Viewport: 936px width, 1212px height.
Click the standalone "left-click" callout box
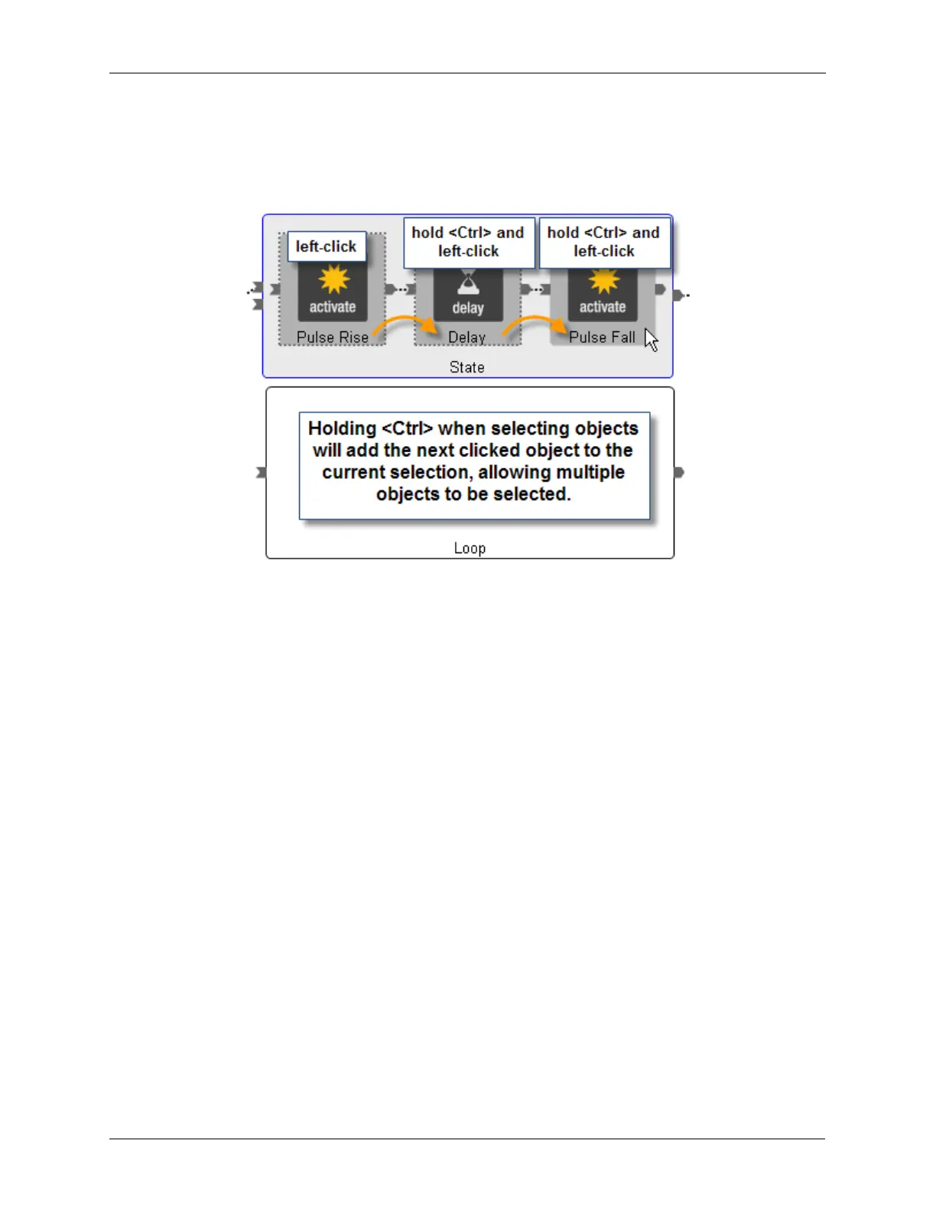(x=327, y=246)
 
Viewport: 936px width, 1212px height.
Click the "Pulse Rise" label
(x=332, y=337)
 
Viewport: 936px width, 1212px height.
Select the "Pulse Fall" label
(x=602, y=337)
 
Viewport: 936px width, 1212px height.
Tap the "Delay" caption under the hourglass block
(x=466, y=337)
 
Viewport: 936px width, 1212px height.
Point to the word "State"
(x=466, y=367)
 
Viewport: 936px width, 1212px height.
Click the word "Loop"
(x=470, y=548)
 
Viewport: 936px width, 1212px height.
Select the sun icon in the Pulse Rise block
(x=333, y=280)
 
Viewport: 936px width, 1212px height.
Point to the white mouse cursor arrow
(x=650, y=339)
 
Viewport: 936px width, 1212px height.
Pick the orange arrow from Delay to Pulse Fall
(x=535, y=324)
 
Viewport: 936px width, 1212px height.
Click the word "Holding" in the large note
(x=342, y=428)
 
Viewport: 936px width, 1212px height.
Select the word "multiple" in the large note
(x=587, y=472)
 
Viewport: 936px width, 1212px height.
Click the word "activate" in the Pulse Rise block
(x=332, y=307)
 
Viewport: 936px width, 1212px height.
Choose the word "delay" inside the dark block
(x=468, y=308)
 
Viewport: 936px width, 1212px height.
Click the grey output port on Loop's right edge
(x=678, y=472)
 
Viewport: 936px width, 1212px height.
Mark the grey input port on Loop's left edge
(x=262, y=472)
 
